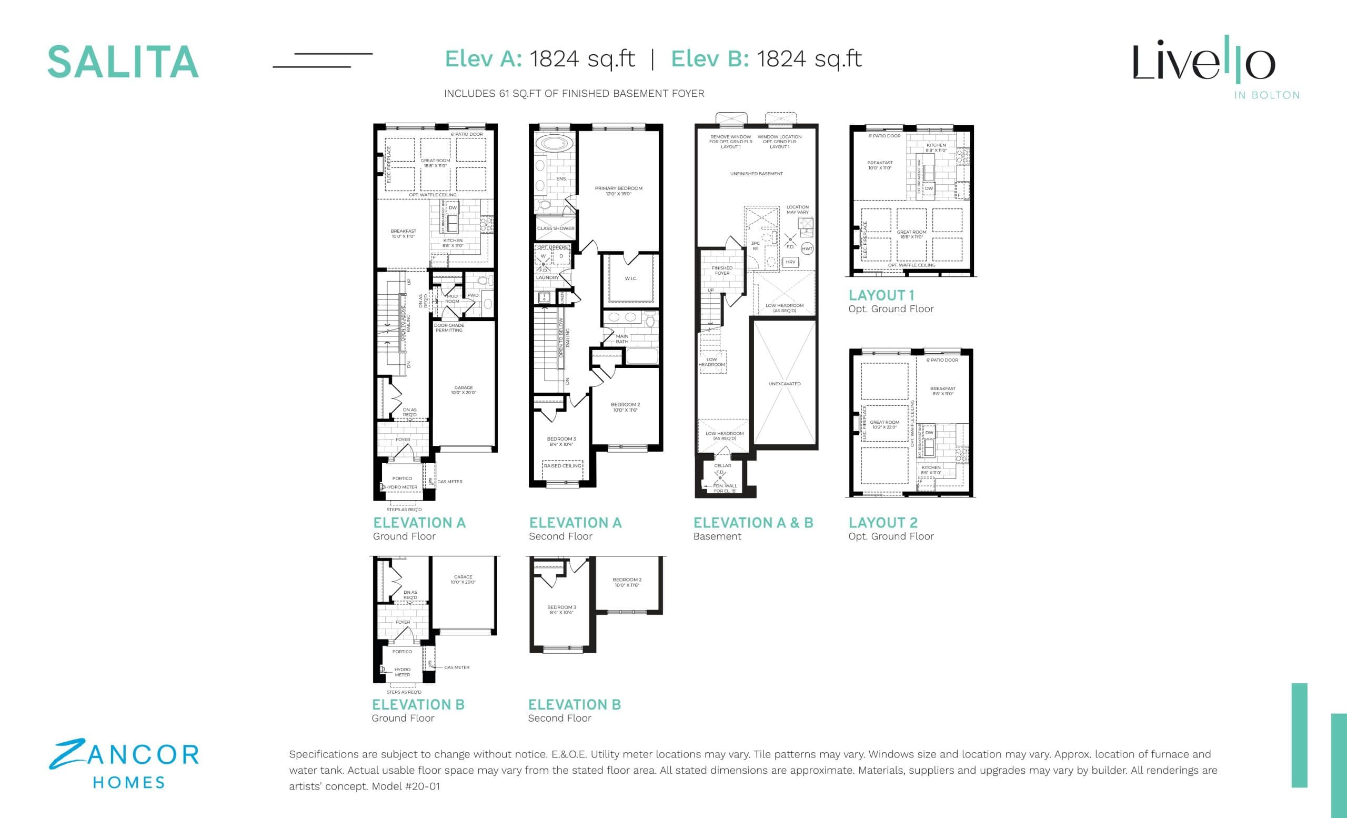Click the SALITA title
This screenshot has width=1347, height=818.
(x=123, y=62)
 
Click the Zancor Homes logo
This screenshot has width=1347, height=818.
(x=124, y=764)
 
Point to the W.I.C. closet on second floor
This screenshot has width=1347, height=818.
(x=630, y=279)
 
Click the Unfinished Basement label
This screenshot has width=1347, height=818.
(x=756, y=174)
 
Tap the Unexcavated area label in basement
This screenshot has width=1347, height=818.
(x=784, y=384)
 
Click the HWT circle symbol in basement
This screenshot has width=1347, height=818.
(x=807, y=249)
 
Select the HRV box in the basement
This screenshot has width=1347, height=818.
(x=790, y=263)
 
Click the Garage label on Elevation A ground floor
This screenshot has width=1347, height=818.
(x=463, y=390)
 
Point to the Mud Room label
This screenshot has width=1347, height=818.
(x=452, y=299)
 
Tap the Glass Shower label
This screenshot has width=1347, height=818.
(x=556, y=228)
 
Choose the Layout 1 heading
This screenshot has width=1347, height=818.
(x=881, y=295)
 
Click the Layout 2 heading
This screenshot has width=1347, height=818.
(x=882, y=523)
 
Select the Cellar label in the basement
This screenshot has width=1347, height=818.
(x=722, y=466)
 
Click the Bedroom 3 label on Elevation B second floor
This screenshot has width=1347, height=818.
(x=561, y=610)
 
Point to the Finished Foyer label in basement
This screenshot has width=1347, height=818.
(x=721, y=271)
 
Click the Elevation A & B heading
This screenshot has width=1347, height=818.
(x=753, y=523)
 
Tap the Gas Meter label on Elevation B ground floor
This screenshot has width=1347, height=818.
(x=457, y=667)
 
